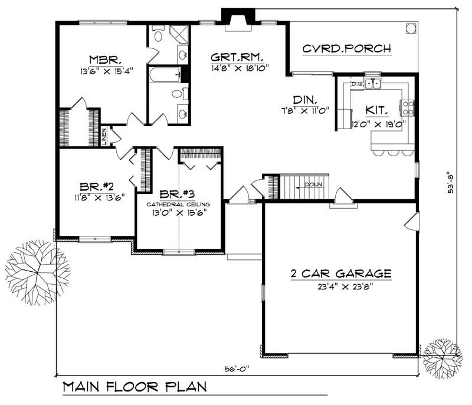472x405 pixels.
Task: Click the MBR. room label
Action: click(106, 60)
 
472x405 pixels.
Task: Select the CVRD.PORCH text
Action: click(346, 48)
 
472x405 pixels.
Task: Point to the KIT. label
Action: click(377, 110)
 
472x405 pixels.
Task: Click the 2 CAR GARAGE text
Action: click(340, 274)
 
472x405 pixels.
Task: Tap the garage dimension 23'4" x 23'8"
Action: click(340, 287)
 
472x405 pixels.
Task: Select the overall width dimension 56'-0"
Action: click(237, 370)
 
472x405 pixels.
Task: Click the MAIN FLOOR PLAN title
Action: click(135, 387)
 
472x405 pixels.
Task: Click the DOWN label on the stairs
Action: click(313, 185)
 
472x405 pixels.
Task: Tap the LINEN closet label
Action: click(104, 136)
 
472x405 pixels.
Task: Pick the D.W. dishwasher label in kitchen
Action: click(357, 84)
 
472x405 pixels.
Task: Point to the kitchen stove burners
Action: click(408, 107)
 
